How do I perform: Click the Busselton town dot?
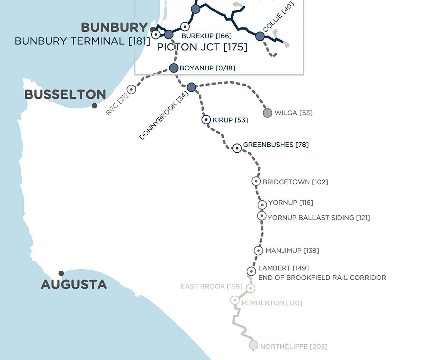tap(94, 105)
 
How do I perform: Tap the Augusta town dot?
tap(61, 273)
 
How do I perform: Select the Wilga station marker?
tap(267, 113)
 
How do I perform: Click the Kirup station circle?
tap(206, 120)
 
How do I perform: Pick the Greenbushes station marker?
tap(237, 148)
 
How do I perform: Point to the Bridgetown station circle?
tap(256, 181)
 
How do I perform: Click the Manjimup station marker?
tap(258, 250)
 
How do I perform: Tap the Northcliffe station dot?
tap(254, 345)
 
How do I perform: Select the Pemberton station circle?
tap(235, 300)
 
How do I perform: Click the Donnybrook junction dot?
tap(191, 87)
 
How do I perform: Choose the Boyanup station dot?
tap(174, 68)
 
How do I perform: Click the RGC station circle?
tap(131, 89)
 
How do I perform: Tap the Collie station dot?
tap(260, 36)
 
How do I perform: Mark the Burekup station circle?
tap(185, 27)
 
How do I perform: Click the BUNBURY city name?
tap(114, 27)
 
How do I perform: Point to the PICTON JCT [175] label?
tap(202, 47)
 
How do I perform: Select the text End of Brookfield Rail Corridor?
tap(322, 278)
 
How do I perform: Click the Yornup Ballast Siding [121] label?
tap(319, 218)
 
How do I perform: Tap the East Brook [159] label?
tap(211, 286)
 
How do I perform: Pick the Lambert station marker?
tap(251, 271)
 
